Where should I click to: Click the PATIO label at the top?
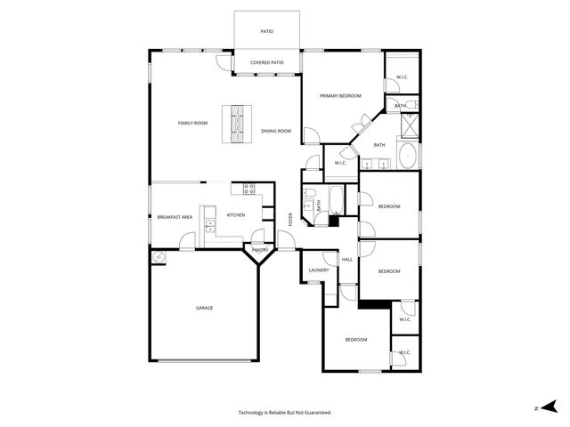266,31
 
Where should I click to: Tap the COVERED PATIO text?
266,62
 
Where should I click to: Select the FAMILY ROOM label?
192,123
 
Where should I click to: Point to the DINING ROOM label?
276,131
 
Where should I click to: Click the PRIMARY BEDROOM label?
340,95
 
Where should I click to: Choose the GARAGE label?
204,308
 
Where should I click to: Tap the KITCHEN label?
236,215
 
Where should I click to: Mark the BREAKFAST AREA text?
175,217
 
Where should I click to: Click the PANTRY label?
260,250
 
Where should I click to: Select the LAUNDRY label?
319,270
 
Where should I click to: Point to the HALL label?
347,259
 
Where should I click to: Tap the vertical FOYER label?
289,218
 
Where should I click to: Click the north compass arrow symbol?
550,407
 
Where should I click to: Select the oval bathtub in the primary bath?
407,157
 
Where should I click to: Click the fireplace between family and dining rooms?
238,125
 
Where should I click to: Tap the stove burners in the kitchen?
249,189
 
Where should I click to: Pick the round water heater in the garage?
159,257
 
